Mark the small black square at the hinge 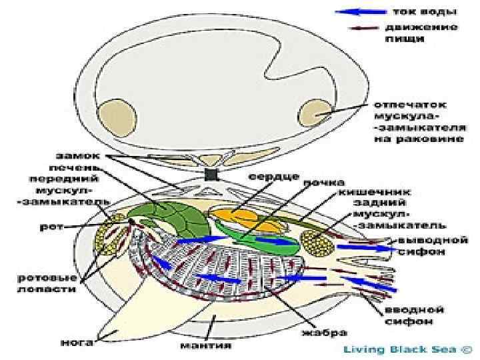click(212, 175)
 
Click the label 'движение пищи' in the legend click(421, 33)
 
